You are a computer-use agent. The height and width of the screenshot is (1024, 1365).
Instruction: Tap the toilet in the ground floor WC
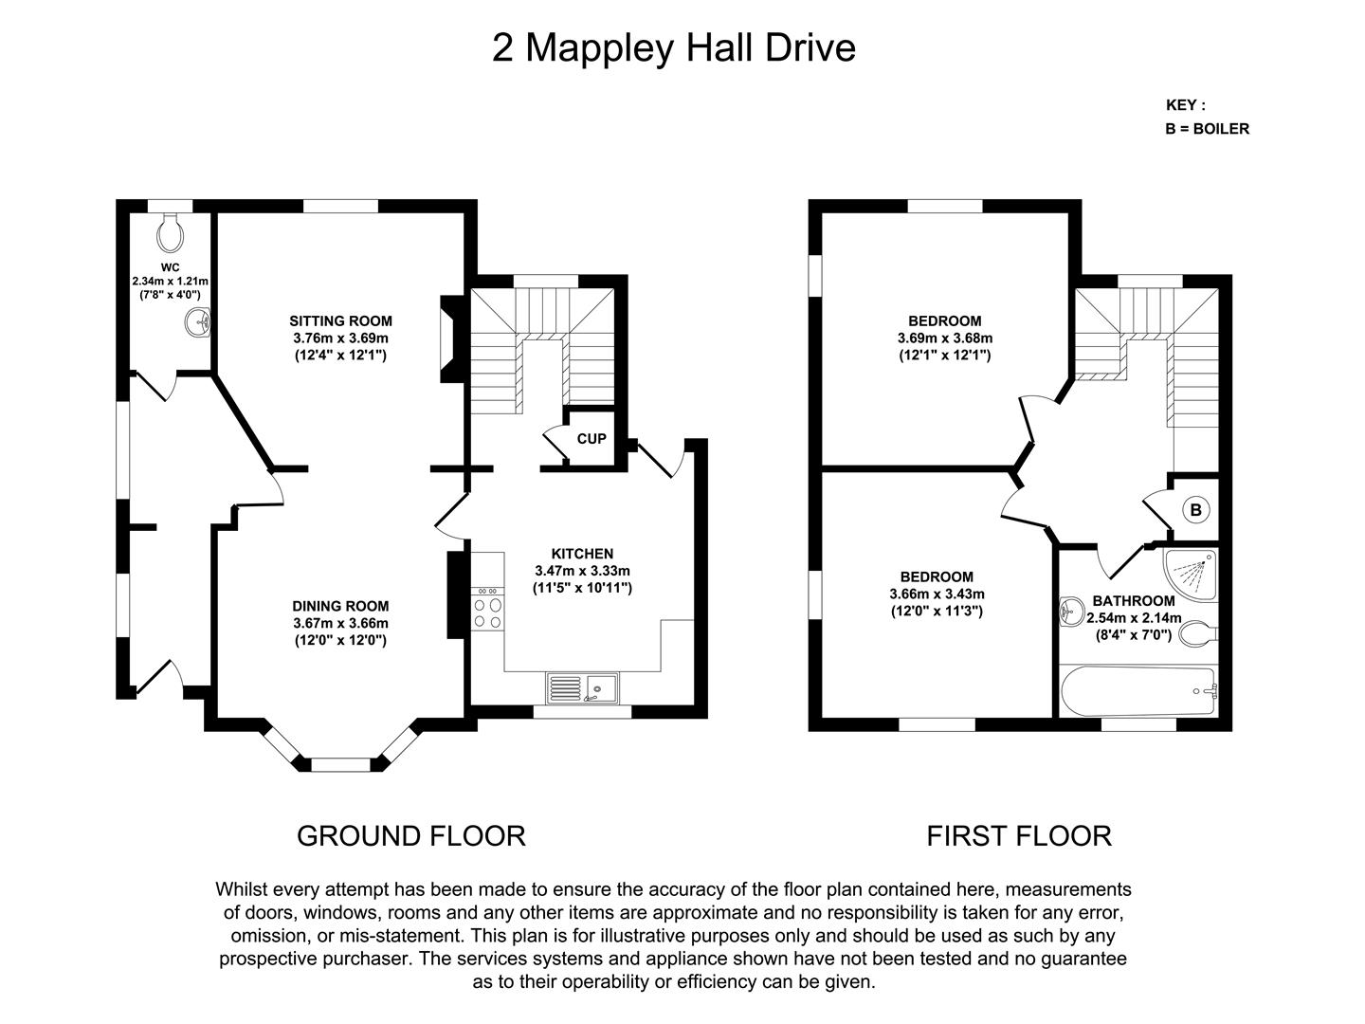pos(171,228)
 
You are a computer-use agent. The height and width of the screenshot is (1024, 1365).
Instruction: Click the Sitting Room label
pos(340,321)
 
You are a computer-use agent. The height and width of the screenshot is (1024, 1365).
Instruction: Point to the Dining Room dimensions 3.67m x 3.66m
pos(340,623)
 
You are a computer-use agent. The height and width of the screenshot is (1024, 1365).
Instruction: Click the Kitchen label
pos(582,554)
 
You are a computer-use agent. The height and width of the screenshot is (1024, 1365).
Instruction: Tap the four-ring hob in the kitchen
pos(488,613)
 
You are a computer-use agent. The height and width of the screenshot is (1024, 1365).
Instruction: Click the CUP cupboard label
pos(591,439)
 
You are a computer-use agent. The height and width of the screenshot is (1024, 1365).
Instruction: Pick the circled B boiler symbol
pos(1195,510)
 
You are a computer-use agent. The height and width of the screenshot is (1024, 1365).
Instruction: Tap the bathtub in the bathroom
pos(1137,692)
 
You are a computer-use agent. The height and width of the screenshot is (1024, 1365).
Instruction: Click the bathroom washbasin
pos(1071,612)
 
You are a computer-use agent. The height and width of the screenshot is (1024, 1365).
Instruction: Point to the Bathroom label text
pos(1134,601)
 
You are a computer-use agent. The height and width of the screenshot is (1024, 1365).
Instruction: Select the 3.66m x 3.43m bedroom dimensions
pos(937,594)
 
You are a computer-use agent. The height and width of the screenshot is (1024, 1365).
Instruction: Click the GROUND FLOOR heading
pos(410,835)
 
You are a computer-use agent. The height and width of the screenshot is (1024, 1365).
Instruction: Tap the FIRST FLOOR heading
pos(1018,835)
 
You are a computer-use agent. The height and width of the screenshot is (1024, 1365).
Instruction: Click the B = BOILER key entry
pos(1207,129)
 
